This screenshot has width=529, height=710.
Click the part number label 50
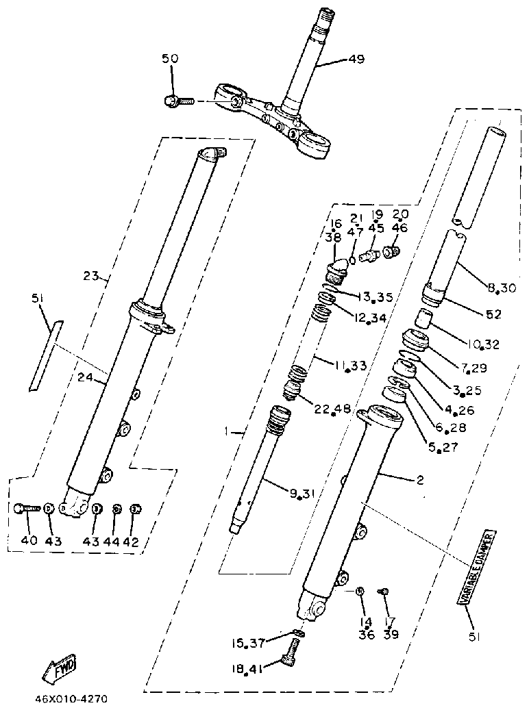(169, 60)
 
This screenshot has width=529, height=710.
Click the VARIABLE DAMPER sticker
(476, 566)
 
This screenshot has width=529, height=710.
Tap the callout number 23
(91, 277)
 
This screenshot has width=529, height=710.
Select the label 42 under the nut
(131, 541)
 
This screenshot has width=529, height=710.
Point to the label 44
(112, 541)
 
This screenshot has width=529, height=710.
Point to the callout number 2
(419, 480)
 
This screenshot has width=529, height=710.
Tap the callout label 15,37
(247, 643)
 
